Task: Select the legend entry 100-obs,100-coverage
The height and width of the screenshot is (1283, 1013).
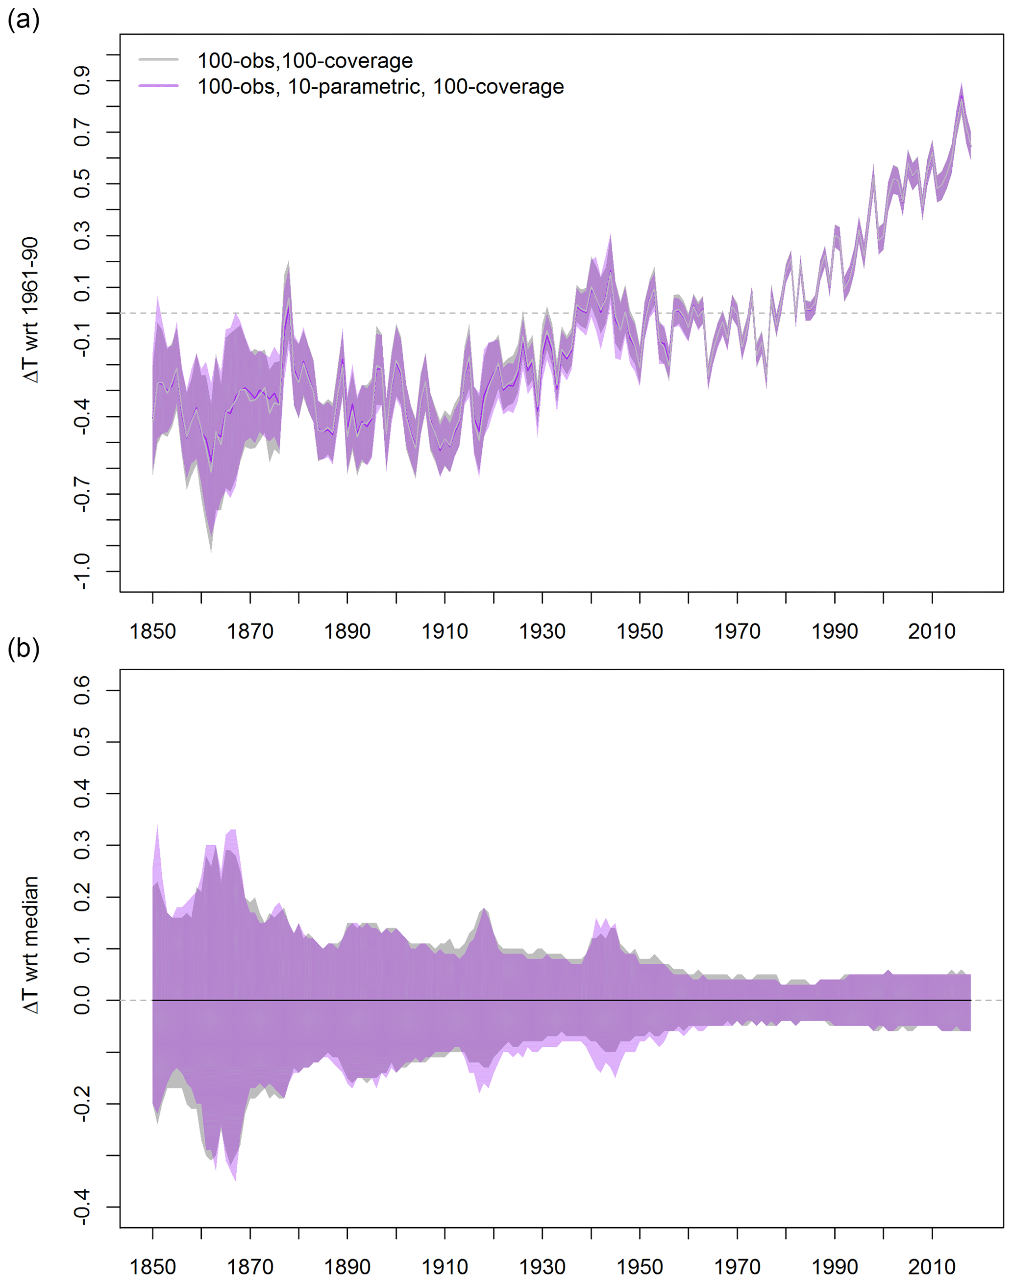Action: tap(305, 60)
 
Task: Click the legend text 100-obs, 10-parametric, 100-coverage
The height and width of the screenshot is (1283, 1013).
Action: tap(380, 87)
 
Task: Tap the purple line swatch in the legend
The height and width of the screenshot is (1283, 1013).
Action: tap(158, 86)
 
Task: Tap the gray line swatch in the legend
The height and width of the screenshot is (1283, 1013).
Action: tap(158, 60)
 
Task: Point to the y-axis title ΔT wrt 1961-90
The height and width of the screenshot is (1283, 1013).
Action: tap(31, 310)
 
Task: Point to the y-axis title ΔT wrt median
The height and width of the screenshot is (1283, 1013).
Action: tap(31, 944)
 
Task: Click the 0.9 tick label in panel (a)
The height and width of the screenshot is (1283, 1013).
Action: tap(82, 81)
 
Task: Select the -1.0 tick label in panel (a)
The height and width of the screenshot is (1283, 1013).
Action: tap(82, 571)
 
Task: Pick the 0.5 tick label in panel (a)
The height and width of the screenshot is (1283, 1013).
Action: tap(82, 184)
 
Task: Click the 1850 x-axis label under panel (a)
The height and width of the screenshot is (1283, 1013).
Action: tap(152, 631)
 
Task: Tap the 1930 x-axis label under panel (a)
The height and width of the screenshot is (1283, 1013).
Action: tap(542, 631)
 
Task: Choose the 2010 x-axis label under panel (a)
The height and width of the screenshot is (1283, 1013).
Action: tap(932, 631)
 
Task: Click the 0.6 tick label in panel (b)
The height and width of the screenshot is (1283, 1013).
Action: tap(82, 690)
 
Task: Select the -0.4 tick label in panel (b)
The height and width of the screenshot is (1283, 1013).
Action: tap(82, 1207)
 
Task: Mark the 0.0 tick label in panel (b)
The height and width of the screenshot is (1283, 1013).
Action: tap(82, 1000)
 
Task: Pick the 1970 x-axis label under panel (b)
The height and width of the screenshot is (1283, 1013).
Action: tap(737, 1267)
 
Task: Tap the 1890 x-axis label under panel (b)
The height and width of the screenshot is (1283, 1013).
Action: tap(347, 1267)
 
